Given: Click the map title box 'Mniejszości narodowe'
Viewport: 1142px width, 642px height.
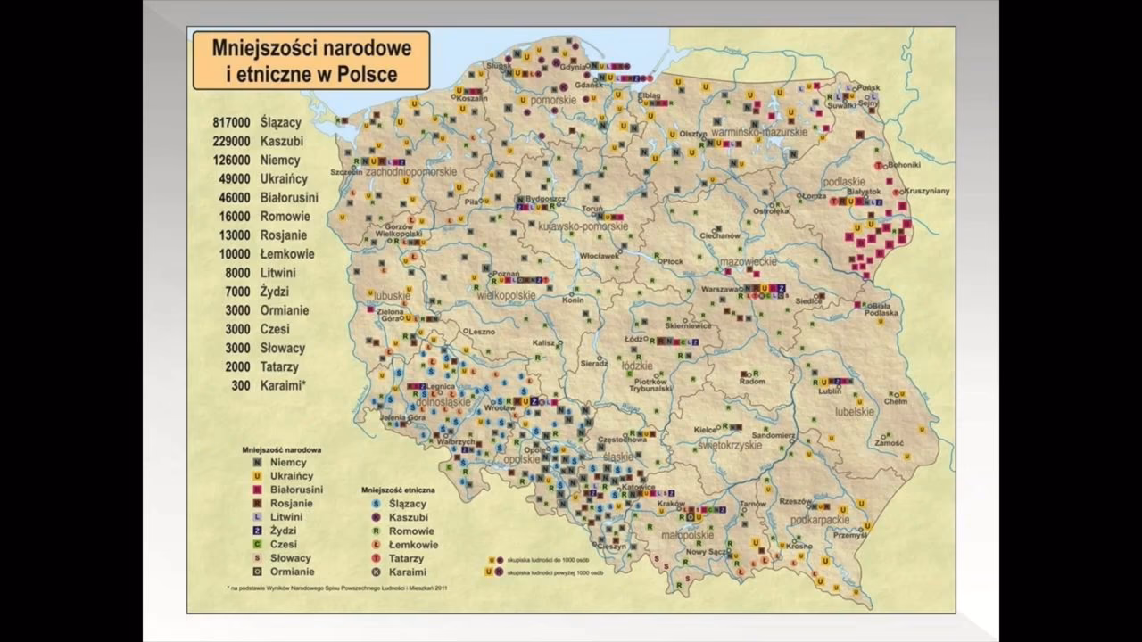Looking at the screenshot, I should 310,60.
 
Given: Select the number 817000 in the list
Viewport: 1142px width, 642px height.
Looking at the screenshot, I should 231,122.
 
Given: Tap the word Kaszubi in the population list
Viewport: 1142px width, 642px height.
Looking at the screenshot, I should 282,141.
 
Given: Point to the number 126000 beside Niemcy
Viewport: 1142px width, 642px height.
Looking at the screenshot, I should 231,160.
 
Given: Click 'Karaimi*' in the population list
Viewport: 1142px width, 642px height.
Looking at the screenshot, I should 283,385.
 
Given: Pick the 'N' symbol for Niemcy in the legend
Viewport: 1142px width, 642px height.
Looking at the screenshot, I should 257,463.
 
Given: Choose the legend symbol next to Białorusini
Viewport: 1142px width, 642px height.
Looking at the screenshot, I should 257,490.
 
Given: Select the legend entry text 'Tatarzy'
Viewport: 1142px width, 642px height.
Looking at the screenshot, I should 406,558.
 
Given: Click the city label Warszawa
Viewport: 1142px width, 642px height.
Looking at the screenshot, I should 722,290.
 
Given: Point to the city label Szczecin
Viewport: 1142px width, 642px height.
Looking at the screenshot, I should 345,171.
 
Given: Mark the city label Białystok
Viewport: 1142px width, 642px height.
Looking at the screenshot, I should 865,191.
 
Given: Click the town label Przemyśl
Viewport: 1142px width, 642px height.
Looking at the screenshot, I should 848,535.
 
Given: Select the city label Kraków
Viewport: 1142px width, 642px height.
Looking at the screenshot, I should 671,505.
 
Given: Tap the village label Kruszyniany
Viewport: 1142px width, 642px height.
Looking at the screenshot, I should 926,191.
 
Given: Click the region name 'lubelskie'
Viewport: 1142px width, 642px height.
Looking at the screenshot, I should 854,412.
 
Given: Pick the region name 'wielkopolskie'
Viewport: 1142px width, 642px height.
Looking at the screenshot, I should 506,294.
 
